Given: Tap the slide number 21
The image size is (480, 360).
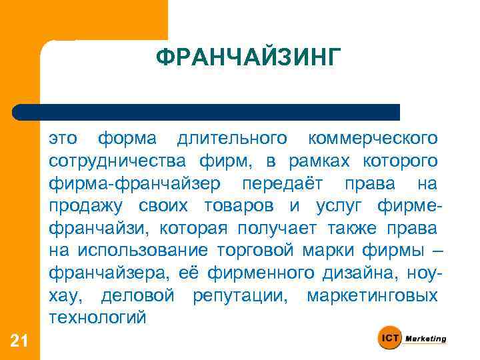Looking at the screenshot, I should pos(19,341).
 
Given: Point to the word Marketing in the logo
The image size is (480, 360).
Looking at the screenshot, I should pos(425,339).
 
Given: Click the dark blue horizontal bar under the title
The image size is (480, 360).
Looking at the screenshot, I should pos(207,112).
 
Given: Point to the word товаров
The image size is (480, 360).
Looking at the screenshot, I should pos(237,206).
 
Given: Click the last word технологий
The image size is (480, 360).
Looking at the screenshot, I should pos(97,317).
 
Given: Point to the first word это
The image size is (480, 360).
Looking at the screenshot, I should pos(63,139).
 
